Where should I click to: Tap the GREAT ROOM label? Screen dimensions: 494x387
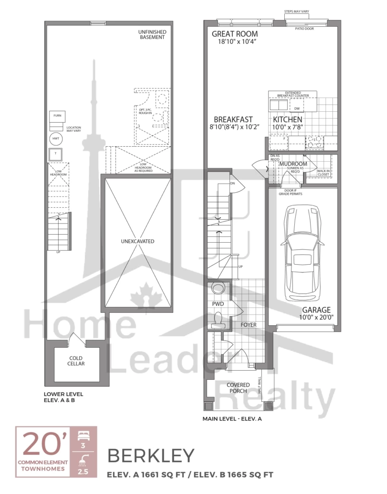coord(235,34)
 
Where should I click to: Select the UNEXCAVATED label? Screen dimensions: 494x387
coord(137,241)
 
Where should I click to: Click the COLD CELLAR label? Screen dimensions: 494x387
coord(76,361)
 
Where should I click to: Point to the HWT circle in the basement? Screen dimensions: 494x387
coord(56,139)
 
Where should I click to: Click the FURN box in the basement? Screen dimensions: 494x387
coord(57,116)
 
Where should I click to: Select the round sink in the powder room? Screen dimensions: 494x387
coord(219,289)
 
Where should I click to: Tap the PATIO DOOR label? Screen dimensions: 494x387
coord(306,28)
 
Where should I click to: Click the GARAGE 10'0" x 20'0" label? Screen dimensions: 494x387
coord(314,313)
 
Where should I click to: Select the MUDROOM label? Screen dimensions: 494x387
coord(293,164)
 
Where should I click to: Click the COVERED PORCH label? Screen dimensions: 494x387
coord(239,388)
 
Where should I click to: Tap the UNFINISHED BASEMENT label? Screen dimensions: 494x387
coord(152,34)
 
